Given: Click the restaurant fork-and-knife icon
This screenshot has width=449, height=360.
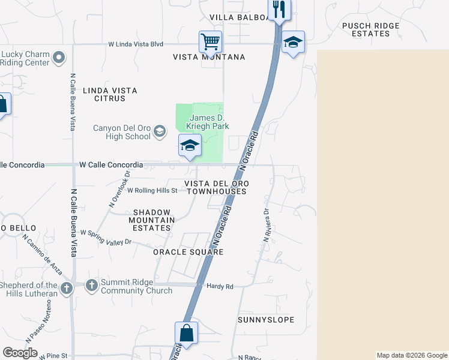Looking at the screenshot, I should (280, 9).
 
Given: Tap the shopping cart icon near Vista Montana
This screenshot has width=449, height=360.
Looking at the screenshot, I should (210, 43).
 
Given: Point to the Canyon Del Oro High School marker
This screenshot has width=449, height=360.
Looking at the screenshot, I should (160, 131).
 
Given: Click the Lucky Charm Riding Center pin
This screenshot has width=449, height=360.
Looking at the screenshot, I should (59, 58).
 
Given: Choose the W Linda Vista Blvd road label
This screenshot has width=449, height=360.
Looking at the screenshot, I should (136, 44).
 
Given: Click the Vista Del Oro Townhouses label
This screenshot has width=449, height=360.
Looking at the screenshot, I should (216, 187).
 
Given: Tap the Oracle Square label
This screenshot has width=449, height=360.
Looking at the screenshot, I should (188, 252).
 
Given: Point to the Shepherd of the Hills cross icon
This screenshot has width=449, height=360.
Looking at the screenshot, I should (66, 289).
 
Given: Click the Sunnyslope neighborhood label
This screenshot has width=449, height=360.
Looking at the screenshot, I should (266, 320).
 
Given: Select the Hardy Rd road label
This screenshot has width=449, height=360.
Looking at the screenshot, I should (219, 287).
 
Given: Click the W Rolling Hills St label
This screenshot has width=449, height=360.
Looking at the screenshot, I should (152, 191).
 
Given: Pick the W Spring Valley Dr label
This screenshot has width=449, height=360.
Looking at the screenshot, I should (105, 238).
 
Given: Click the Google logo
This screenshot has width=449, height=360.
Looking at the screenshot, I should (20, 353).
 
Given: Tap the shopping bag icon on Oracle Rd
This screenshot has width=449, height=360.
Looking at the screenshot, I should (186, 333).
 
